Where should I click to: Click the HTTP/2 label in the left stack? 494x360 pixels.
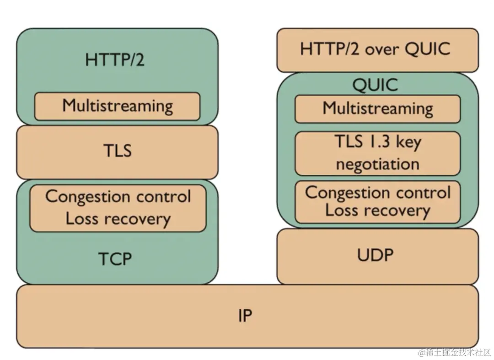114,59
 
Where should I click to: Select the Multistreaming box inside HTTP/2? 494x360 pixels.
117,106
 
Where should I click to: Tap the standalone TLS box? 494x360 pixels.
117,151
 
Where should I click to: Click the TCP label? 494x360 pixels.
115,259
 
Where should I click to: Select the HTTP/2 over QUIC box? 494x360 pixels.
377,49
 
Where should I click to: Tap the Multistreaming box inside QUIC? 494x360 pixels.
377,109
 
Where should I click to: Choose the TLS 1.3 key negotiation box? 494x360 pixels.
377,153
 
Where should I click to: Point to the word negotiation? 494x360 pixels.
377,164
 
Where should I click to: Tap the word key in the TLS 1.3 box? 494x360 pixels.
408,142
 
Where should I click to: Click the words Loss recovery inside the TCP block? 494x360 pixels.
118,219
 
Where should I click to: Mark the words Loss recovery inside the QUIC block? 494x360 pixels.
377,210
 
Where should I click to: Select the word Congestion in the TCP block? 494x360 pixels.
81,197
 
